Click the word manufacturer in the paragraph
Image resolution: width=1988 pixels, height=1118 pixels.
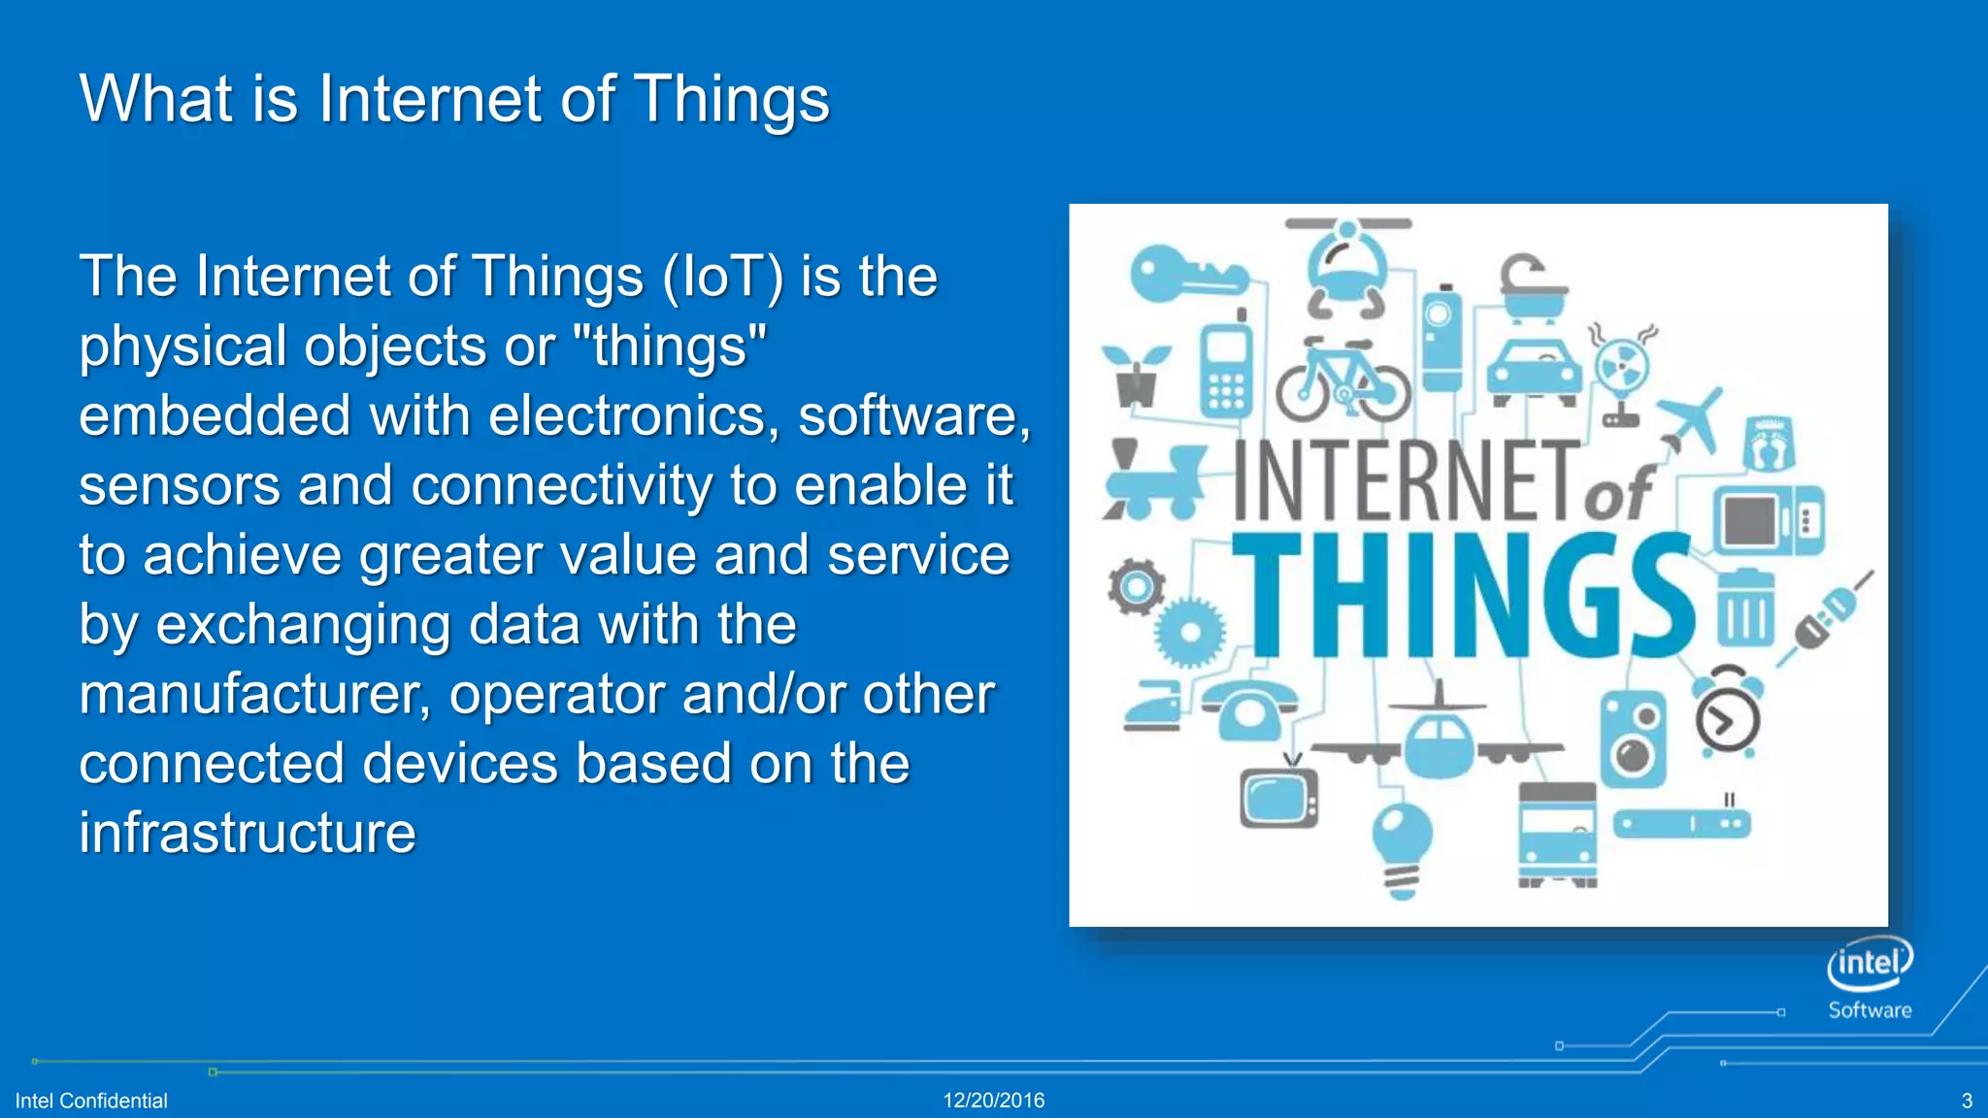coord(253,695)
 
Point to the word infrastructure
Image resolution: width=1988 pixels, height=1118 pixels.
coord(248,834)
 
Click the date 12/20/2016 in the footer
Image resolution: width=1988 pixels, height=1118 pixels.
coord(994,1101)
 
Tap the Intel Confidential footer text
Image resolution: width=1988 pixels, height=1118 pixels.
coord(91,1101)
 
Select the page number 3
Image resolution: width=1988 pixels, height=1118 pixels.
coord(1967,1101)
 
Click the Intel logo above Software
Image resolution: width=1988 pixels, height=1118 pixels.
coord(1870,962)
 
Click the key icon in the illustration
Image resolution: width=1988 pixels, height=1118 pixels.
coord(1186,275)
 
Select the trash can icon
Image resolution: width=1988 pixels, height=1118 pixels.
coord(1744,608)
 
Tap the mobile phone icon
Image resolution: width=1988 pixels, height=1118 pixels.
coord(1226,368)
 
